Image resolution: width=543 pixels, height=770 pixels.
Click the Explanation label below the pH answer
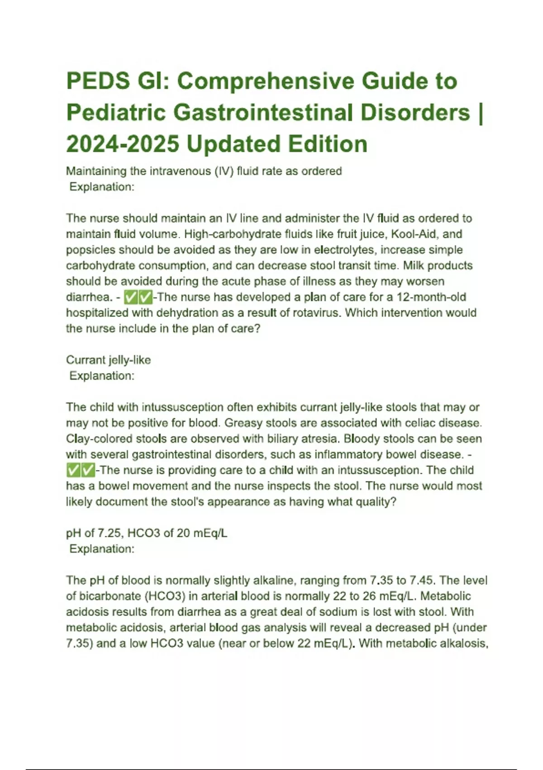pyautogui.click(x=102, y=549)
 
